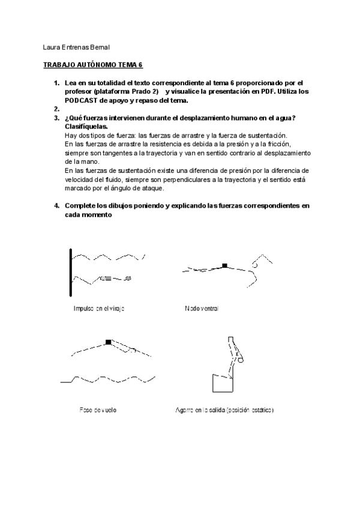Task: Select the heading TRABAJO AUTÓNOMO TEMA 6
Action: coord(94,65)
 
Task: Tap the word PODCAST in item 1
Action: coord(84,100)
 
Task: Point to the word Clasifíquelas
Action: coord(86,127)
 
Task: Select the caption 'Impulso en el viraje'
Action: coord(98,309)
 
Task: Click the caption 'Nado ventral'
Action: coord(202,309)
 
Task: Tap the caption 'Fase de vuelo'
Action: coord(98,410)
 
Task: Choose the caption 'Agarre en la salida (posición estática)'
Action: coord(224,410)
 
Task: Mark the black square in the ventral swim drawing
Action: coord(224,265)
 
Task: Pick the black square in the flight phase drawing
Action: coord(108,342)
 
